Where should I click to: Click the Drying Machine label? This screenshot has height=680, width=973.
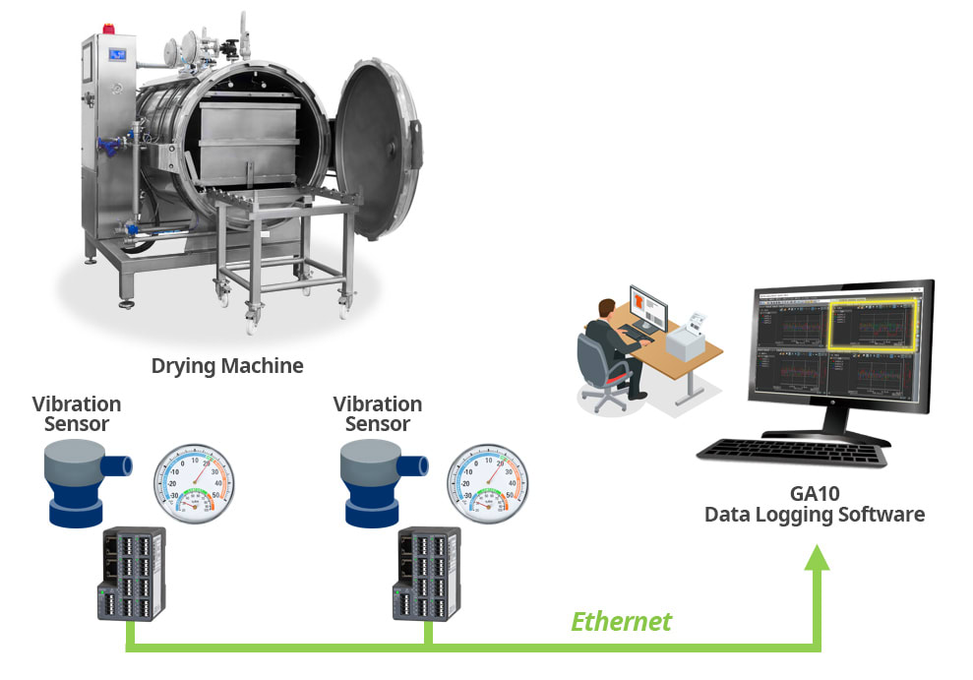[227, 366]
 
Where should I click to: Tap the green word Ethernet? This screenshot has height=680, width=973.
[621, 621]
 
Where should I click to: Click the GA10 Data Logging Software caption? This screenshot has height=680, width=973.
[814, 504]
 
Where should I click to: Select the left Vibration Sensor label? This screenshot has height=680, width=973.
[77, 414]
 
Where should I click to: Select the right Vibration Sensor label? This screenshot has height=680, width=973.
[378, 414]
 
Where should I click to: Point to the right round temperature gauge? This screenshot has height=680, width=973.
[484, 479]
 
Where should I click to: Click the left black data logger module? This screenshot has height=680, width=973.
[132, 574]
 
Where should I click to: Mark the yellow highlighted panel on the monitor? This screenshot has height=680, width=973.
[873, 325]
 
